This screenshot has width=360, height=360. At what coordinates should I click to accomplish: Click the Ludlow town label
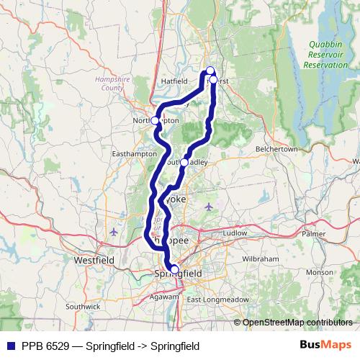click(234, 233)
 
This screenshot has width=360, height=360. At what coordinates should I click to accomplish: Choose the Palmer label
click(314, 234)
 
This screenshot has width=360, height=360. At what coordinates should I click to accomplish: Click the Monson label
click(319, 273)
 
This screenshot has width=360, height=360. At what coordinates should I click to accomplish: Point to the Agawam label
click(167, 295)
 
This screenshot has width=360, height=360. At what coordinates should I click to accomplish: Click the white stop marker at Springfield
click(174, 269)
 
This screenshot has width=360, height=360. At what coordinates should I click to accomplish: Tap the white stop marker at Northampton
click(155, 120)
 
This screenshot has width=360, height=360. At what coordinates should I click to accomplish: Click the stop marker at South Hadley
click(184, 163)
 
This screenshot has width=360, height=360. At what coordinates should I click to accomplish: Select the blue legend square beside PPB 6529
click(9, 346)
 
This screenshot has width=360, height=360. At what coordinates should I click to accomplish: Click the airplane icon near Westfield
click(115, 232)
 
